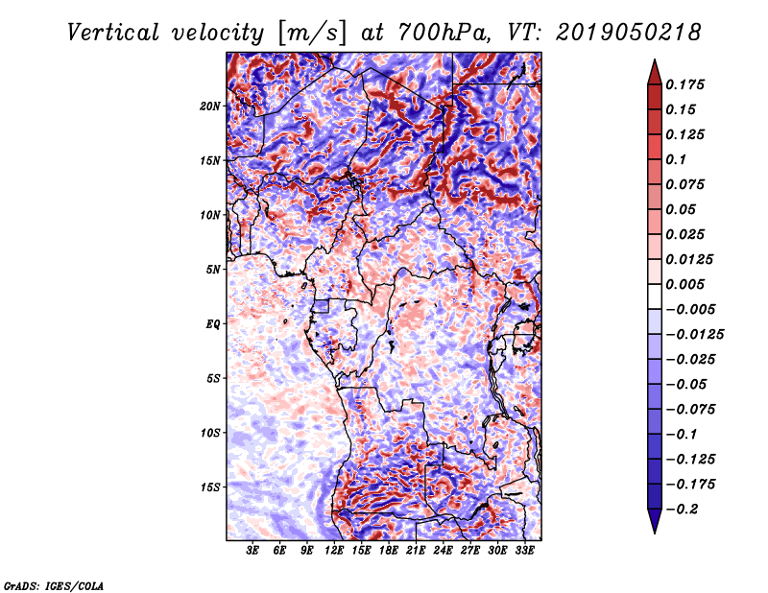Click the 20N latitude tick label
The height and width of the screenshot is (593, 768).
coord(211,107)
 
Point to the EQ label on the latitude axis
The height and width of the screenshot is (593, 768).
coord(214,324)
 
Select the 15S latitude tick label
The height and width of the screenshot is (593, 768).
coord(211,487)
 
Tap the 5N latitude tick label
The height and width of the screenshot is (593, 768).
coord(214,270)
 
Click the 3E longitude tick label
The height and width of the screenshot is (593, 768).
coord(253,552)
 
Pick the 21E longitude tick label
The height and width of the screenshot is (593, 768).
coord(416,552)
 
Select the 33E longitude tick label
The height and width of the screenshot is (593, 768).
coord(524,552)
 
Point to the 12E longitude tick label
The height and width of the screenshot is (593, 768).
coord(334,552)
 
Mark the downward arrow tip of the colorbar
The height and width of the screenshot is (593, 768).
coord(653,531)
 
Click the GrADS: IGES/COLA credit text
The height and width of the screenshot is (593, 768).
coord(53,584)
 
